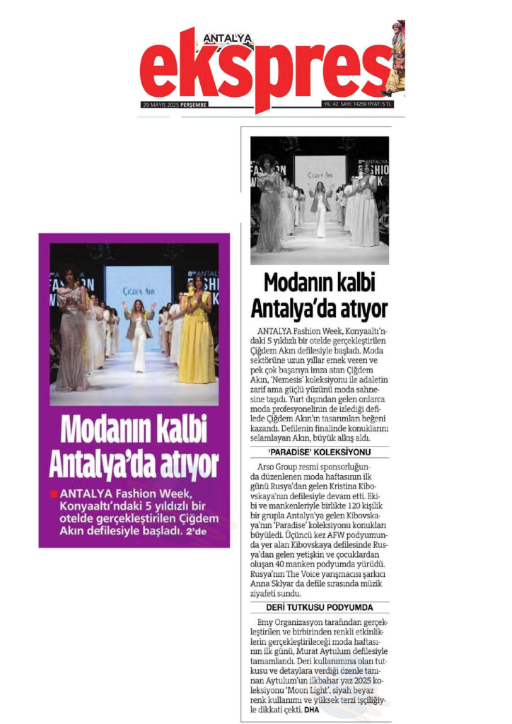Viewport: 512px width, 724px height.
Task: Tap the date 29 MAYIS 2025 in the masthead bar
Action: pos(161,105)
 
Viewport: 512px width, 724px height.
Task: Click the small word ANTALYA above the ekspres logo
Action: pos(224,40)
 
